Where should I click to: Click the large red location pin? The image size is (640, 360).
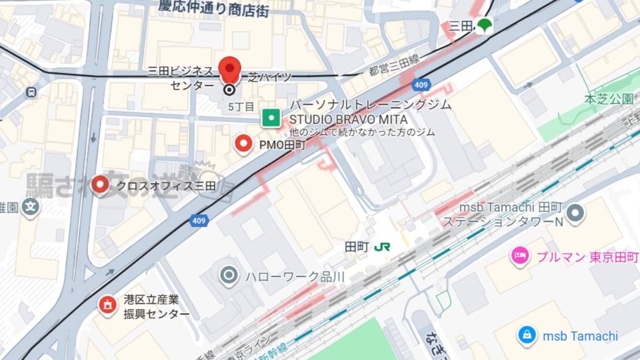(230, 69)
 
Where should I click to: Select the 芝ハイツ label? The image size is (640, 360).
(270, 77)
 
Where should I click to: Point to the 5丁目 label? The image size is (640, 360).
(241, 107)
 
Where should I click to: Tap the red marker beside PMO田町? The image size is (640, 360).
(244, 143)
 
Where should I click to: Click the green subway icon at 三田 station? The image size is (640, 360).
(484, 25)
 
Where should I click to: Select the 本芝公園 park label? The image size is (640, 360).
(608, 99)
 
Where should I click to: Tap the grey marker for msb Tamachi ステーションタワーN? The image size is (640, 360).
(575, 213)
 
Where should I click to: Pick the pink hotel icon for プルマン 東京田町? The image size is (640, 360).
(519, 256)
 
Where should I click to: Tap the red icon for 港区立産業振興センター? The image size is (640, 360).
(108, 305)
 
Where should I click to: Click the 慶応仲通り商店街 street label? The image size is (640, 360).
(213, 7)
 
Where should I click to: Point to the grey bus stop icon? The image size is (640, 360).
(31, 92)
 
